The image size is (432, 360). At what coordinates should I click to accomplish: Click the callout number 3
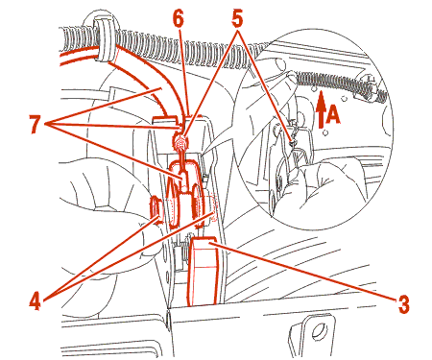coord(403,304)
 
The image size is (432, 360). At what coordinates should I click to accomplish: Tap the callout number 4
coord(36,301)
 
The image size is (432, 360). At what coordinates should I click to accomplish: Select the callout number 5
coord(237,19)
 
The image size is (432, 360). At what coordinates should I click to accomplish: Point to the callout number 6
coord(179,19)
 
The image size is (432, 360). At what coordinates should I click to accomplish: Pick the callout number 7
coord(36,124)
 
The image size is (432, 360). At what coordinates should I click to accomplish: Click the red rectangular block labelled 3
coord(204,272)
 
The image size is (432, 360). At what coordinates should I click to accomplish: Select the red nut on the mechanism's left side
coord(156,210)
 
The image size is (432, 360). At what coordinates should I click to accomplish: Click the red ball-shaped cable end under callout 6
coord(180,142)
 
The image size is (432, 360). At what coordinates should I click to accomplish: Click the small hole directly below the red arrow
coord(325,132)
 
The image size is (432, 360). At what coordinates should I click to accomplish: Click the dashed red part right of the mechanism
coord(212,209)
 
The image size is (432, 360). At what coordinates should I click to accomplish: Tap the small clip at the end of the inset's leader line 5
coord(293,141)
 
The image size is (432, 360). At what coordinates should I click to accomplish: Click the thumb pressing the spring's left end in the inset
coord(286,78)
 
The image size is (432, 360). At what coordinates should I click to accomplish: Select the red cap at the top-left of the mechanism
coord(164,119)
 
